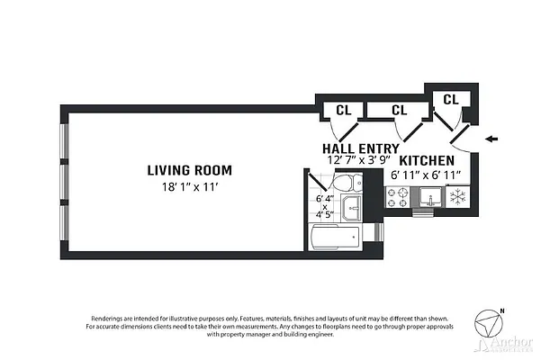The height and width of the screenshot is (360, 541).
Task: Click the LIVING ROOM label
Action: tap(190, 169)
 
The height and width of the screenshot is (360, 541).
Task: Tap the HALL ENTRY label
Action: tap(360, 148)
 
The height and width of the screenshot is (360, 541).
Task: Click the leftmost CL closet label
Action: tap(343, 110)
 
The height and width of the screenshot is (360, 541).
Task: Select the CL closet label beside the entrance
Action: tap(451, 98)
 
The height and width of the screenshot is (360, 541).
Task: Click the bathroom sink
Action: tap(352, 211)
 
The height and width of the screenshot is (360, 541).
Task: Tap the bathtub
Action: tap(335, 238)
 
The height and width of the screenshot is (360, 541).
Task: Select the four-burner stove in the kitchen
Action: tap(398, 200)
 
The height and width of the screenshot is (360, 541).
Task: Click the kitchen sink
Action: tap(428, 200)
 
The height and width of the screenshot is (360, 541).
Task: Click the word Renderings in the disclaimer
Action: tap(112, 318)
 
